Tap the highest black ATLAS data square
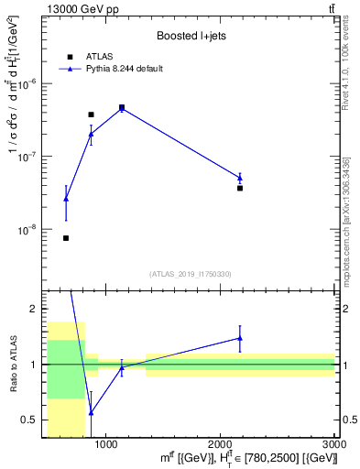click(x=122, y=107)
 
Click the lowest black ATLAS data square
click(x=66, y=238)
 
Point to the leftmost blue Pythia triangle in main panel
click(x=66, y=198)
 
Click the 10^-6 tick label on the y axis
click(x=29, y=83)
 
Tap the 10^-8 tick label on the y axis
click(x=29, y=230)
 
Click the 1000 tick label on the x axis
click(x=106, y=443)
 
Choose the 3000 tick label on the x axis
click(x=334, y=443)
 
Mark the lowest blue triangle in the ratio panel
click(x=91, y=412)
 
